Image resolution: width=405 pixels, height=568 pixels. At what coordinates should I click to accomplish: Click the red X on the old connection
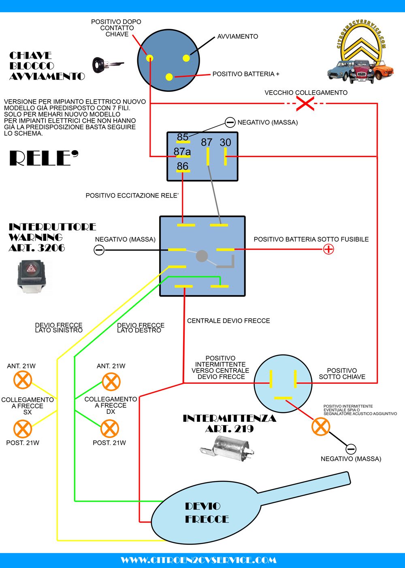click(305, 104)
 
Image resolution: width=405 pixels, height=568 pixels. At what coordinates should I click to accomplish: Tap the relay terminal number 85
click(183, 137)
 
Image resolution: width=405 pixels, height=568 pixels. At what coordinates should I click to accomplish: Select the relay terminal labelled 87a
click(182, 152)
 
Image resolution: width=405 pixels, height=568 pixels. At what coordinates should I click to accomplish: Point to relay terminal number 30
click(226, 143)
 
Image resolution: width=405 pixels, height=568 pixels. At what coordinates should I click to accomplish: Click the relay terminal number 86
click(183, 166)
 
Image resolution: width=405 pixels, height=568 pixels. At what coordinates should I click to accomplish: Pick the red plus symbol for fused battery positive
click(328, 249)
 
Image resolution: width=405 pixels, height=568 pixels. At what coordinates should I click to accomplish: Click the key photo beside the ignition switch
click(107, 65)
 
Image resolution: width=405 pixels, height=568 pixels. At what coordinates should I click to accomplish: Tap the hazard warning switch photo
click(34, 276)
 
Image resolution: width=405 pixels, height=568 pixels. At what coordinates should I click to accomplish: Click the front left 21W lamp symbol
click(23, 380)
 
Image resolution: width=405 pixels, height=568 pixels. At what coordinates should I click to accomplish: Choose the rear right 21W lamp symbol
click(109, 429)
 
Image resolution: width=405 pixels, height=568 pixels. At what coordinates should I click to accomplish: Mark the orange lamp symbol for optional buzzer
click(321, 426)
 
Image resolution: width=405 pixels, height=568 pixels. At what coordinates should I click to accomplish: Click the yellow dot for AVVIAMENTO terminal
click(186, 58)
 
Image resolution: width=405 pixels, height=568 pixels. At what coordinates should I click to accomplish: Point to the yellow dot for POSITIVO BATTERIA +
click(169, 77)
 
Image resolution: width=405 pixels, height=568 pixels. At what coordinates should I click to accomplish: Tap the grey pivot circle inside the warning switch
click(202, 256)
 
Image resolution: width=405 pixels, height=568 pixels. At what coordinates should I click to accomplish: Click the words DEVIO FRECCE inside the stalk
click(207, 513)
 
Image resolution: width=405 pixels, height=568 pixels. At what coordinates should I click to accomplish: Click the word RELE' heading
click(44, 158)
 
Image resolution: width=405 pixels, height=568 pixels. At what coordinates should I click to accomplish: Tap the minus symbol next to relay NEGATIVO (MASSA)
click(230, 122)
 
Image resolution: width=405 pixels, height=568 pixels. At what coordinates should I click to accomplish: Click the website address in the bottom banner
click(199, 560)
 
